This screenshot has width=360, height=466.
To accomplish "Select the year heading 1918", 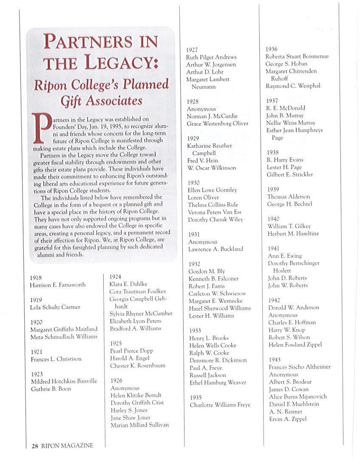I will [36, 277].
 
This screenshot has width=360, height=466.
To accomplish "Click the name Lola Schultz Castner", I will [55, 307].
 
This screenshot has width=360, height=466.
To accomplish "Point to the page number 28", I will [35, 445].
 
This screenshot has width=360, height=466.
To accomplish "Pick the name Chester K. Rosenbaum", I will [138, 365].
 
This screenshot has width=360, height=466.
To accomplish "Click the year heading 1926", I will [116, 381].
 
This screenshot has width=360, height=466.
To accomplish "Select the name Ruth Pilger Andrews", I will [211, 57].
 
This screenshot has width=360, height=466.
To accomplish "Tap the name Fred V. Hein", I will [203, 161].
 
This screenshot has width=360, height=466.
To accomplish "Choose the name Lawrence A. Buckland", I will [215, 249].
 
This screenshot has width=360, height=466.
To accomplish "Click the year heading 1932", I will [194, 264].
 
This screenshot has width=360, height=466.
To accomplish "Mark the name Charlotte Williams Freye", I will [220, 405].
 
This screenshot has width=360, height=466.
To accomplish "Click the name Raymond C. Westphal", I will [293, 86].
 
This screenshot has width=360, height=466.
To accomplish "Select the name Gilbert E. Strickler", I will [290, 175].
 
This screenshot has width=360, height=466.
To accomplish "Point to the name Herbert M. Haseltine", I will [293, 234].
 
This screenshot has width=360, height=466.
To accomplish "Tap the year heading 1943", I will [275, 359].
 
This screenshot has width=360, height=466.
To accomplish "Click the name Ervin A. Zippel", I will [288, 419].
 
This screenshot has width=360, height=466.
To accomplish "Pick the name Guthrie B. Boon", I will [51, 389].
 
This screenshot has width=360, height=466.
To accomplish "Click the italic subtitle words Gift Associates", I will [101, 101].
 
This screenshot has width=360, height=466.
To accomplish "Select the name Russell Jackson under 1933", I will [208, 375].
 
